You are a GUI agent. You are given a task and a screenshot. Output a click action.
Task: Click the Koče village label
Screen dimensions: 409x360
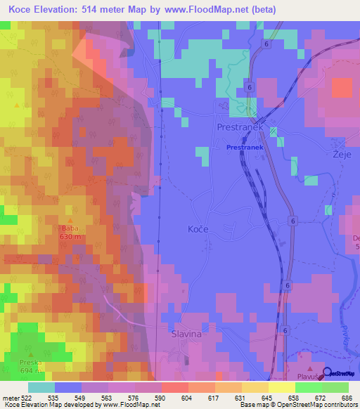198,229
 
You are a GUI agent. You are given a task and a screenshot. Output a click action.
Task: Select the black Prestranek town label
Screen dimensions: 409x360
240,129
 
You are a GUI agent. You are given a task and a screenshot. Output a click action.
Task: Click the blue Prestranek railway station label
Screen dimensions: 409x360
244,148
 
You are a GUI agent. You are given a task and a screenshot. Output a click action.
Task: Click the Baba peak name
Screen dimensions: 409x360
70,228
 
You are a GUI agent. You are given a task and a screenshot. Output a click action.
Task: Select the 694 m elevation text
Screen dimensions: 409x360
31,370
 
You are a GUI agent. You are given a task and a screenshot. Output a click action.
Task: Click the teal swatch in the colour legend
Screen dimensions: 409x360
41,387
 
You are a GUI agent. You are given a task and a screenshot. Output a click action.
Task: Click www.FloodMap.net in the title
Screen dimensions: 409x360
209,10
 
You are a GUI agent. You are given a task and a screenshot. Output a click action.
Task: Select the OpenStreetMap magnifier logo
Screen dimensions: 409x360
328,373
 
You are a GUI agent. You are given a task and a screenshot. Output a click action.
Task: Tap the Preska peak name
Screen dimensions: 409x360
31,363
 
